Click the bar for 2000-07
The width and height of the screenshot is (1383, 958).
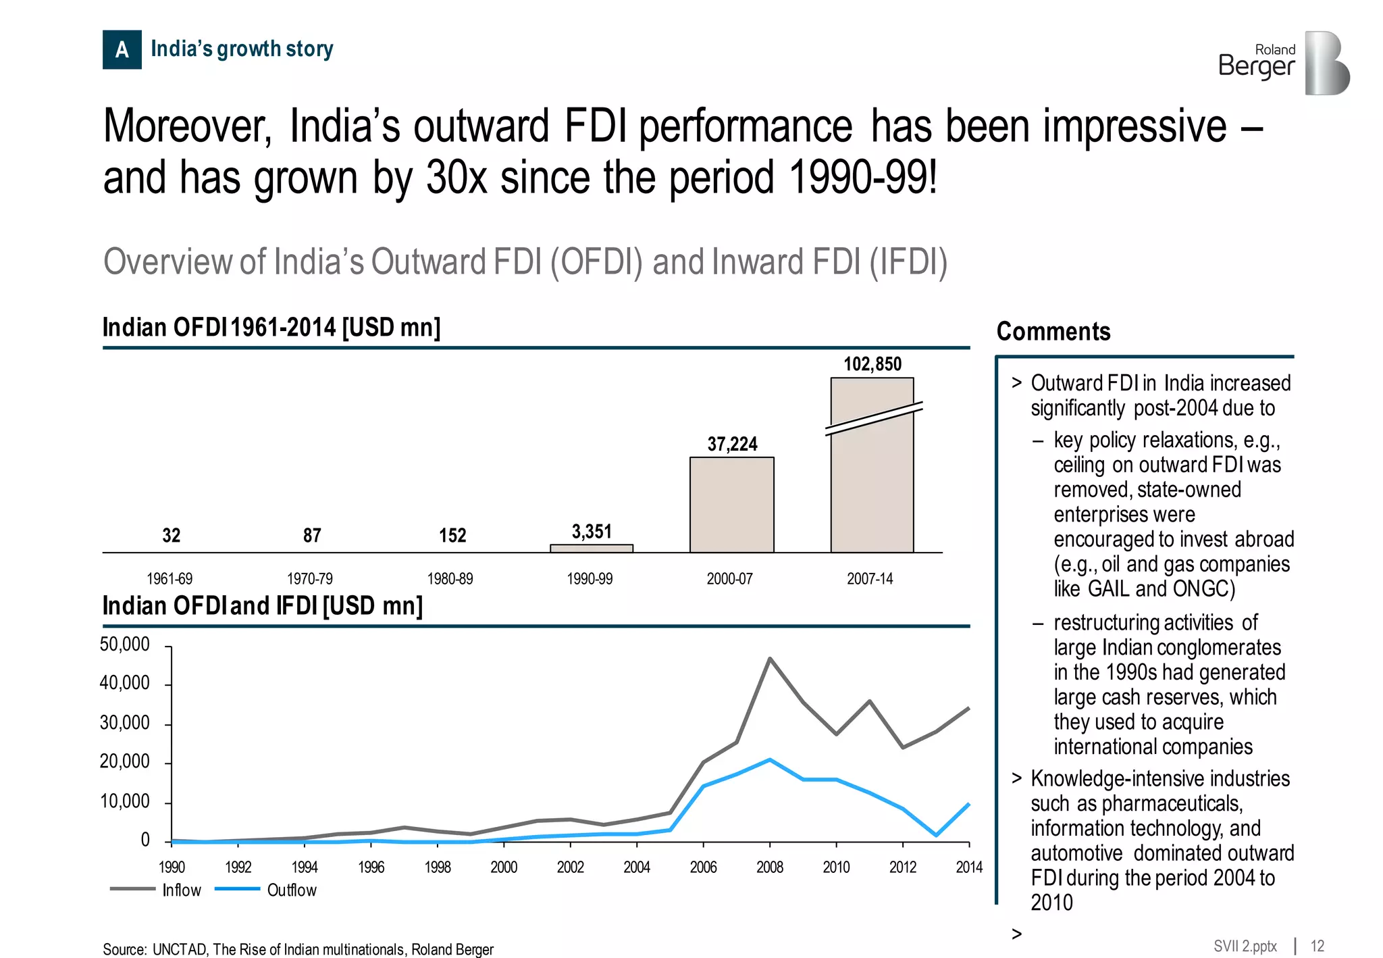point(731,505)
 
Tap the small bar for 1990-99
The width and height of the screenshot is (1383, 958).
point(591,549)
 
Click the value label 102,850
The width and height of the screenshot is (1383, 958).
point(872,364)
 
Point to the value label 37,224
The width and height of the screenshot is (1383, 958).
point(732,444)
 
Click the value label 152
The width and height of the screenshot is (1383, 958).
point(452,535)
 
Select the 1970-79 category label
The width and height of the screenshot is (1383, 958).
point(310,579)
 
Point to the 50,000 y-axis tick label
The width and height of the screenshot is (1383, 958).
point(124,645)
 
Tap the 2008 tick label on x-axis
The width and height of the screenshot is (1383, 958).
point(769,867)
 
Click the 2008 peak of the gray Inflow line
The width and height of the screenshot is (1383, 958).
point(770,659)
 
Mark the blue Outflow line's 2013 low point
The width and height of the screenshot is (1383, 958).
point(936,835)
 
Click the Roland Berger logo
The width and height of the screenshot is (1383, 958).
point(1283,62)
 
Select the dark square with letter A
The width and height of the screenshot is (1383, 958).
point(122,49)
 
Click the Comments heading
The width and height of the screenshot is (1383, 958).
point(1053,332)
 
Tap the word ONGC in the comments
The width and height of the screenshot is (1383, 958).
point(1203,588)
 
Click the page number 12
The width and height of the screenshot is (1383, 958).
point(1317,946)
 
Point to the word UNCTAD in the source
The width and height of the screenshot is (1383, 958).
point(180,949)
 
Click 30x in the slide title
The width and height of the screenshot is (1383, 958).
point(456,178)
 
